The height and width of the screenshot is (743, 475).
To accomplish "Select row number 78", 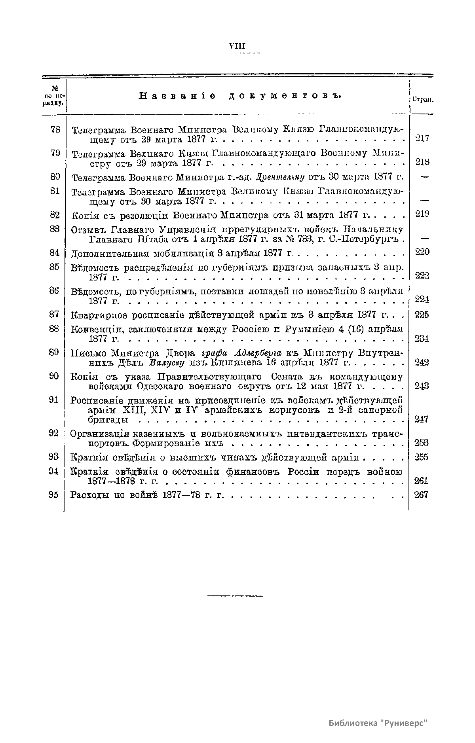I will pyautogui.click(x=55, y=129).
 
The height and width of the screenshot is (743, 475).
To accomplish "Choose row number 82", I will pyautogui.click(x=55, y=215).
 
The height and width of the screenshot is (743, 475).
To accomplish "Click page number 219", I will pyautogui.click(x=422, y=214).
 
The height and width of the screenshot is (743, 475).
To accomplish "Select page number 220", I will pyautogui.click(x=422, y=252).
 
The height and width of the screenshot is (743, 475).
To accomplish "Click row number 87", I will pyautogui.click(x=55, y=315).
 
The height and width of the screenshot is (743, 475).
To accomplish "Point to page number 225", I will pyautogui.click(x=422, y=315).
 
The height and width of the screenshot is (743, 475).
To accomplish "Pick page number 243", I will pyautogui.click(x=422, y=386).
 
